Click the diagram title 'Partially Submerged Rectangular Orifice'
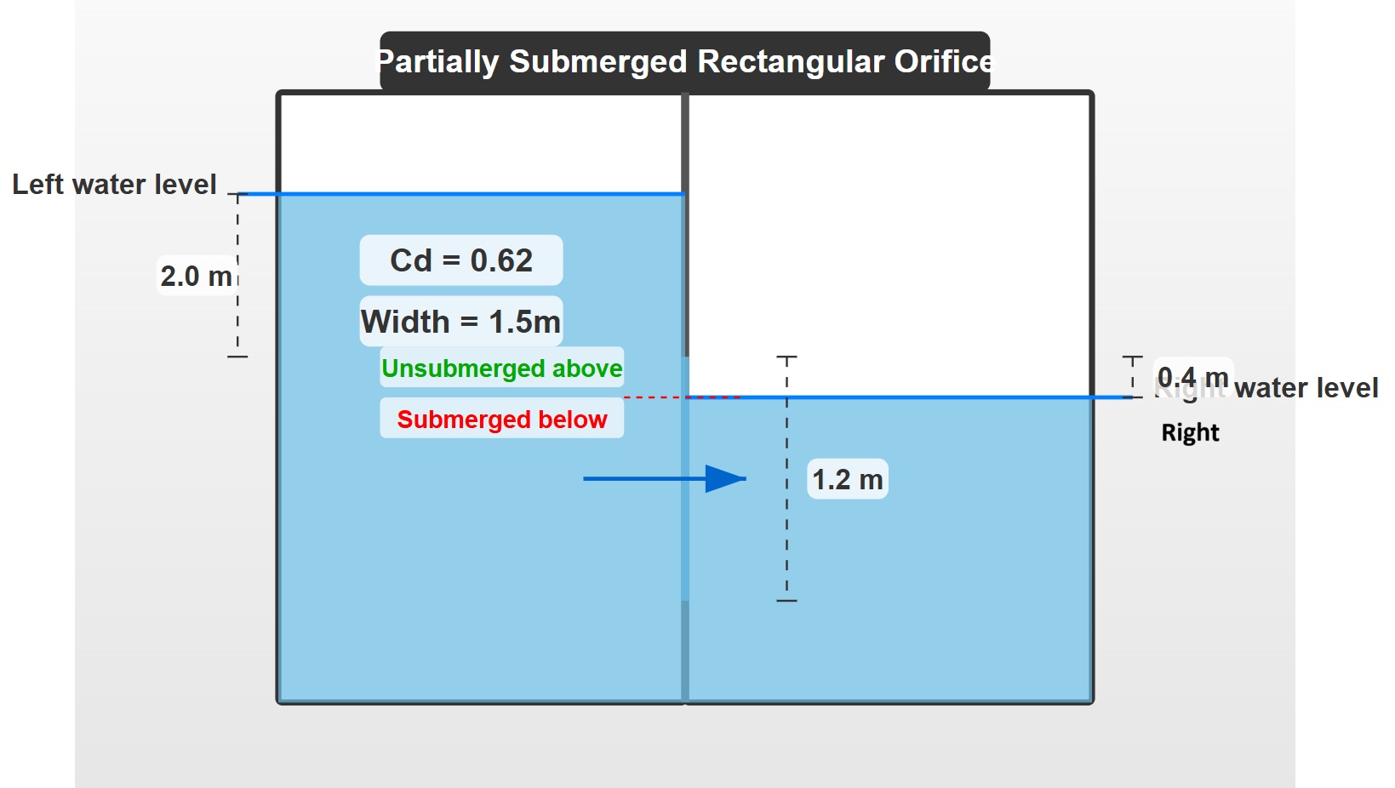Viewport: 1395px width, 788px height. (x=684, y=61)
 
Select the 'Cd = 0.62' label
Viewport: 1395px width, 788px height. (x=461, y=260)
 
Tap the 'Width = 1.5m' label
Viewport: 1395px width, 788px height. (x=461, y=322)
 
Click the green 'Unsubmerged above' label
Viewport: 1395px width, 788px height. (x=502, y=368)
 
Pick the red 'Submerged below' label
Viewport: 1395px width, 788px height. (x=502, y=419)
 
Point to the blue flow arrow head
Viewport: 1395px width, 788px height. (x=725, y=479)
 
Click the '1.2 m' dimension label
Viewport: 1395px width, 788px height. (x=848, y=479)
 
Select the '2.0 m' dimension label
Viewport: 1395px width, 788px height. (x=196, y=276)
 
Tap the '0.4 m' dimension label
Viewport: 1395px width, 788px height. (x=1192, y=376)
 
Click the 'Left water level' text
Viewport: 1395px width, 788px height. (x=114, y=184)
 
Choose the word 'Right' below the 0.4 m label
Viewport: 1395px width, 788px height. (x=1190, y=432)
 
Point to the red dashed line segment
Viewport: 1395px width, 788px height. (x=655, y=397)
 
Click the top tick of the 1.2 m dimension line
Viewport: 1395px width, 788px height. (x=786, y=357)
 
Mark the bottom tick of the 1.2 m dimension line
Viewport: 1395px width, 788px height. (x=786, y=601)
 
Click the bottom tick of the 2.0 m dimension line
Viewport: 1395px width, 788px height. (x=237, y=357)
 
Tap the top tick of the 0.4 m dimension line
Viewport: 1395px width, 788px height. (x=1132, y=357)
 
